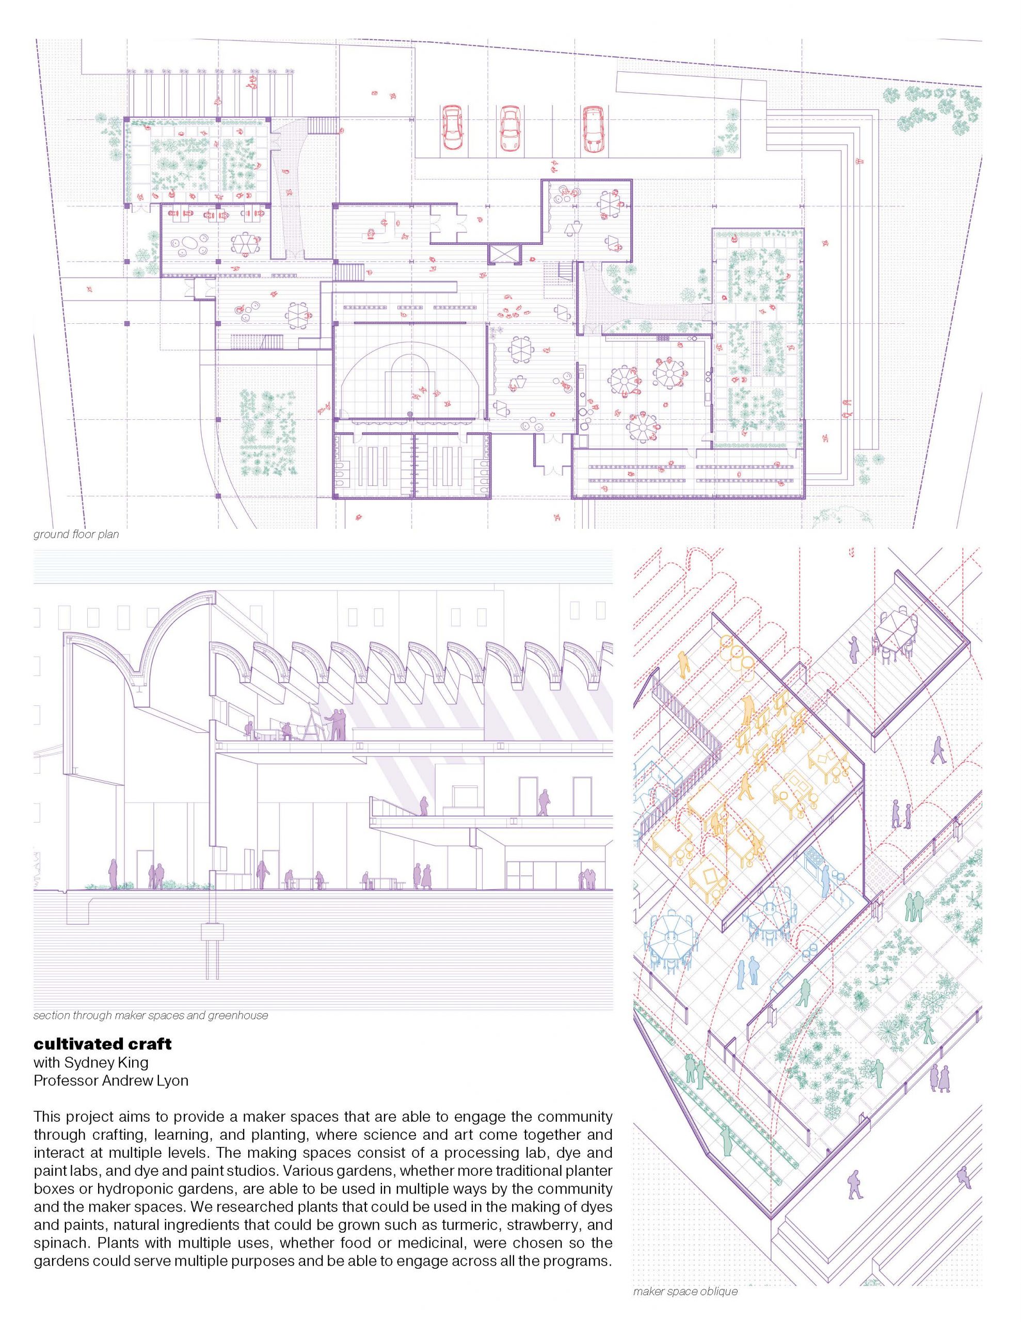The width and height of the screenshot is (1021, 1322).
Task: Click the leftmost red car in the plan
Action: tap(452, 129)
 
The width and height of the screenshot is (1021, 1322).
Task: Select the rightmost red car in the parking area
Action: tap(593, 129)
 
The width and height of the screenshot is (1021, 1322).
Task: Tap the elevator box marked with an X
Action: tap(504, 254)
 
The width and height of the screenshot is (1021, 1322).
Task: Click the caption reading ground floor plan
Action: tap(76, 534)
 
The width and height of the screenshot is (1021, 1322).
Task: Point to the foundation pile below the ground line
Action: tap(213, 950)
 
